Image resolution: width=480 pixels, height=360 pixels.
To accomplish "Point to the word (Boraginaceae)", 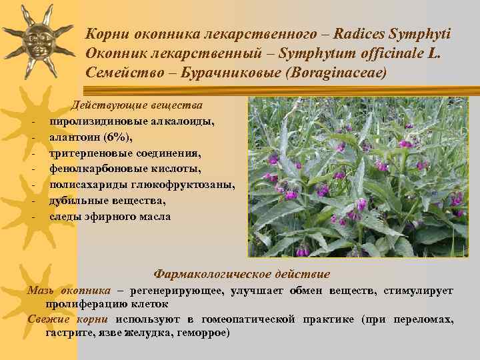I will [337, 72].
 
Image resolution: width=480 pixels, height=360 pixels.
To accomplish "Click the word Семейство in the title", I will [121, 72].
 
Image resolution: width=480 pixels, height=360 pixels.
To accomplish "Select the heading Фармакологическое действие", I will [241, 274].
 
